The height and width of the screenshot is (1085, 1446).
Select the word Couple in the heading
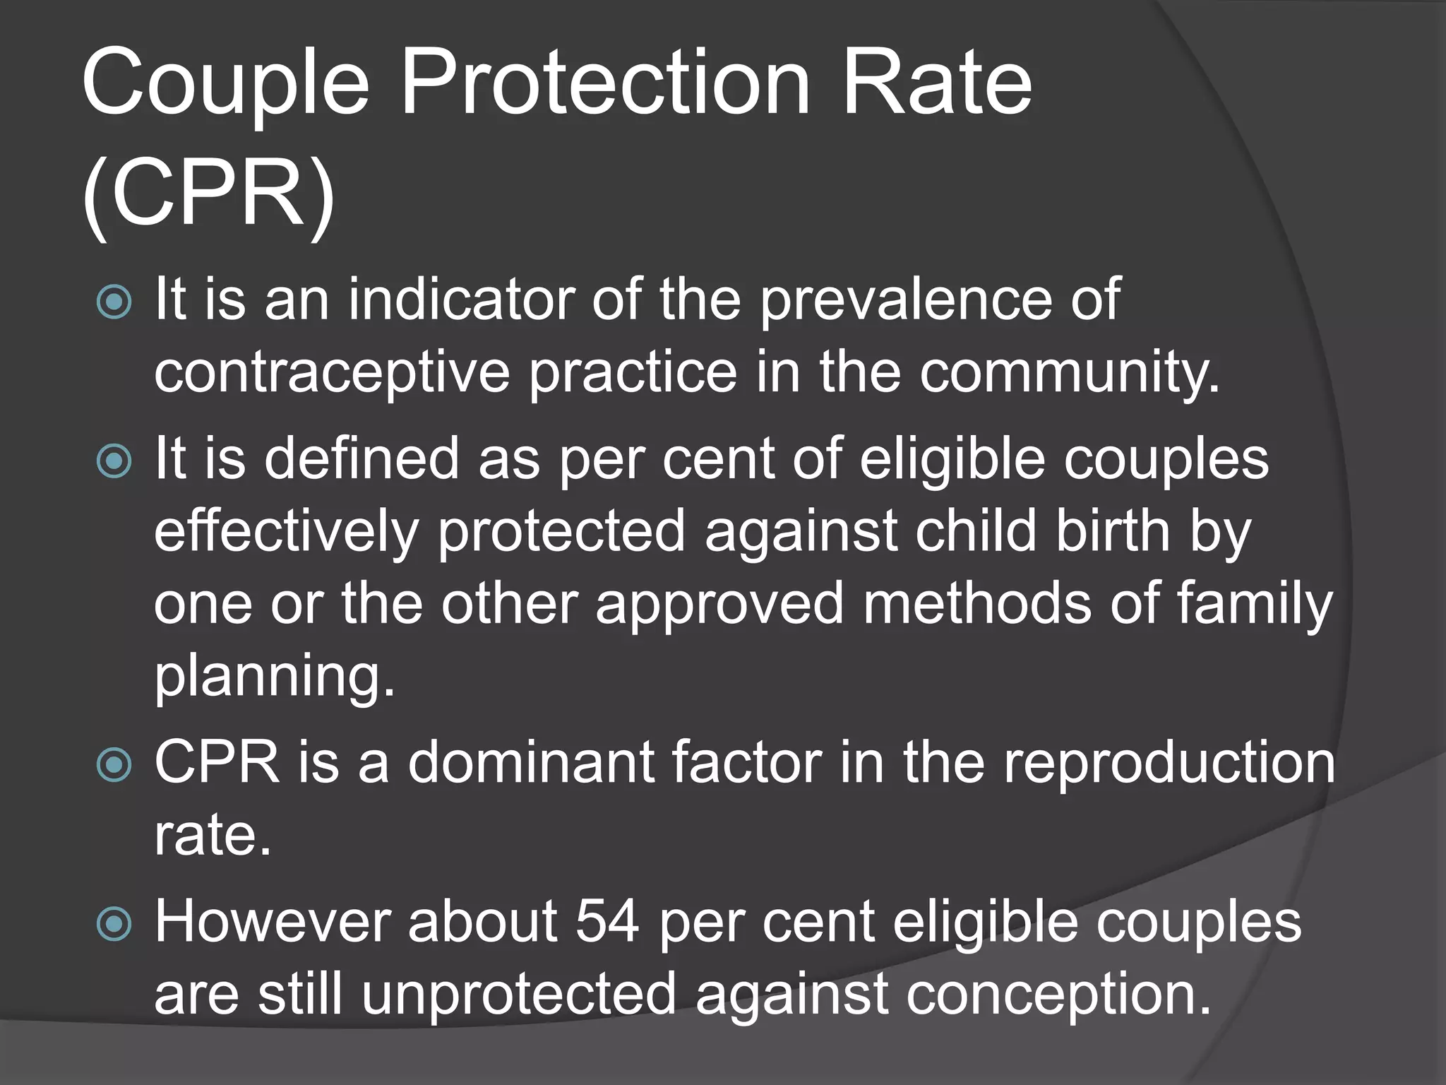(x=225, y=83)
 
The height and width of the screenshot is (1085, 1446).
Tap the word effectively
(x=286, y=532)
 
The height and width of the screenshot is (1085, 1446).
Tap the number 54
(x=608, y=922)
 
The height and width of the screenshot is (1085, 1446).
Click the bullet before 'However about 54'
(x=114, y=923)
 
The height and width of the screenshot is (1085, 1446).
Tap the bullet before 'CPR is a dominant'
(x=114, y=764)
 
